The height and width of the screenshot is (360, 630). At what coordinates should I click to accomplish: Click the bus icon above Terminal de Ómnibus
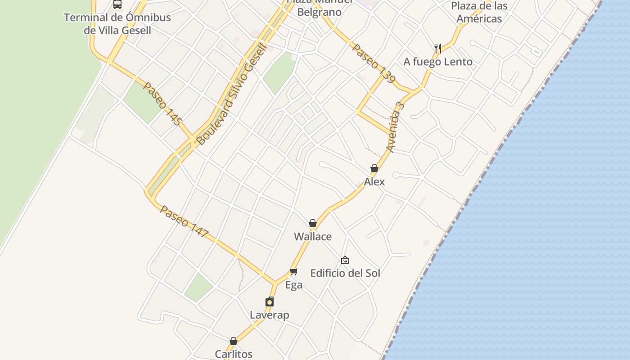tap(117, 4)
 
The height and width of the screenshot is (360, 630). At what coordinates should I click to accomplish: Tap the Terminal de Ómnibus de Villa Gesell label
tap(117, 24)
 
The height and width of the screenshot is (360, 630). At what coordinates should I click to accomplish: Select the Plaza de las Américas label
tap(479, 12)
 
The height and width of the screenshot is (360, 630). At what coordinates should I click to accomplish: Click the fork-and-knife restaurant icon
tap(437, 48)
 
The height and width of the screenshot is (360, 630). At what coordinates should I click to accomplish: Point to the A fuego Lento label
tap(438, 62)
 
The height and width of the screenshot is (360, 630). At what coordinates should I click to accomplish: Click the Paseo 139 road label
tap(373, 63)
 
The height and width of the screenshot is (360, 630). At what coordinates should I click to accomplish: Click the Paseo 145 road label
tap(162, 103)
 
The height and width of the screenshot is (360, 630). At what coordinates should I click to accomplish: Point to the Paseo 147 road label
tap(184, 221)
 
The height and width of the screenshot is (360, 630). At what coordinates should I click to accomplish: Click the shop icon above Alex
tap(374, 168)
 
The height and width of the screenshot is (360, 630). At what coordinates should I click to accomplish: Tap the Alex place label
tap(374, 182)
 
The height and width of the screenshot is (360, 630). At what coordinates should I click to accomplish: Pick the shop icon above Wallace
tap(313, 223)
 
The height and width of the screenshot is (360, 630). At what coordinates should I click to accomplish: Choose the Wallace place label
tap(313, 237)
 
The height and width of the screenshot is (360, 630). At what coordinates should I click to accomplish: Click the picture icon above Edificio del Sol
tap(345, 260)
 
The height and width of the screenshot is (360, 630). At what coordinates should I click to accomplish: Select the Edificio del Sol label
tap(345, 273)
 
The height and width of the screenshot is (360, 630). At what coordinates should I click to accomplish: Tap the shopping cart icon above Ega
tap(294, 271)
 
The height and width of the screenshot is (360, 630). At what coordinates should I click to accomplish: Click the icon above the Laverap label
tap(270, 301)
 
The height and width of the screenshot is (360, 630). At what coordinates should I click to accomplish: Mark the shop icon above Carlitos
tap(234, 341)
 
